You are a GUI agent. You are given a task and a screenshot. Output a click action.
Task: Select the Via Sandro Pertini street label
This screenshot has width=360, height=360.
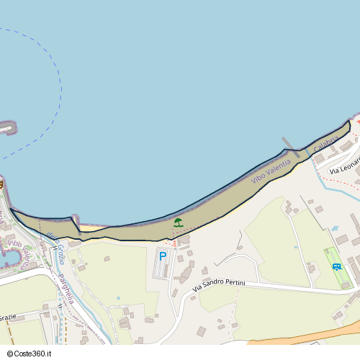pos(219,286)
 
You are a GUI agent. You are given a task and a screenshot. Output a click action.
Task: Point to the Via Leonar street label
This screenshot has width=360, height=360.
pos(344,166)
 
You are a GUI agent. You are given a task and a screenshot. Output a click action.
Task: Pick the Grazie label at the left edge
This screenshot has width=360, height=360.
pos(7,316)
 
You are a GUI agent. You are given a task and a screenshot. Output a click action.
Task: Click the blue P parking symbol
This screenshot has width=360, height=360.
pos(163,256)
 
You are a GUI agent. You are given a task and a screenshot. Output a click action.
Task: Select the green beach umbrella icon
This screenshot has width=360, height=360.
pos(178,222)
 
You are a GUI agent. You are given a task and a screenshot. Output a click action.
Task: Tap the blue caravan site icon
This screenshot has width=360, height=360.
pos(337,266)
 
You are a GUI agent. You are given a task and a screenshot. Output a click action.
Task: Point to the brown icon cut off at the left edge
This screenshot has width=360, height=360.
pos(1,184)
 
